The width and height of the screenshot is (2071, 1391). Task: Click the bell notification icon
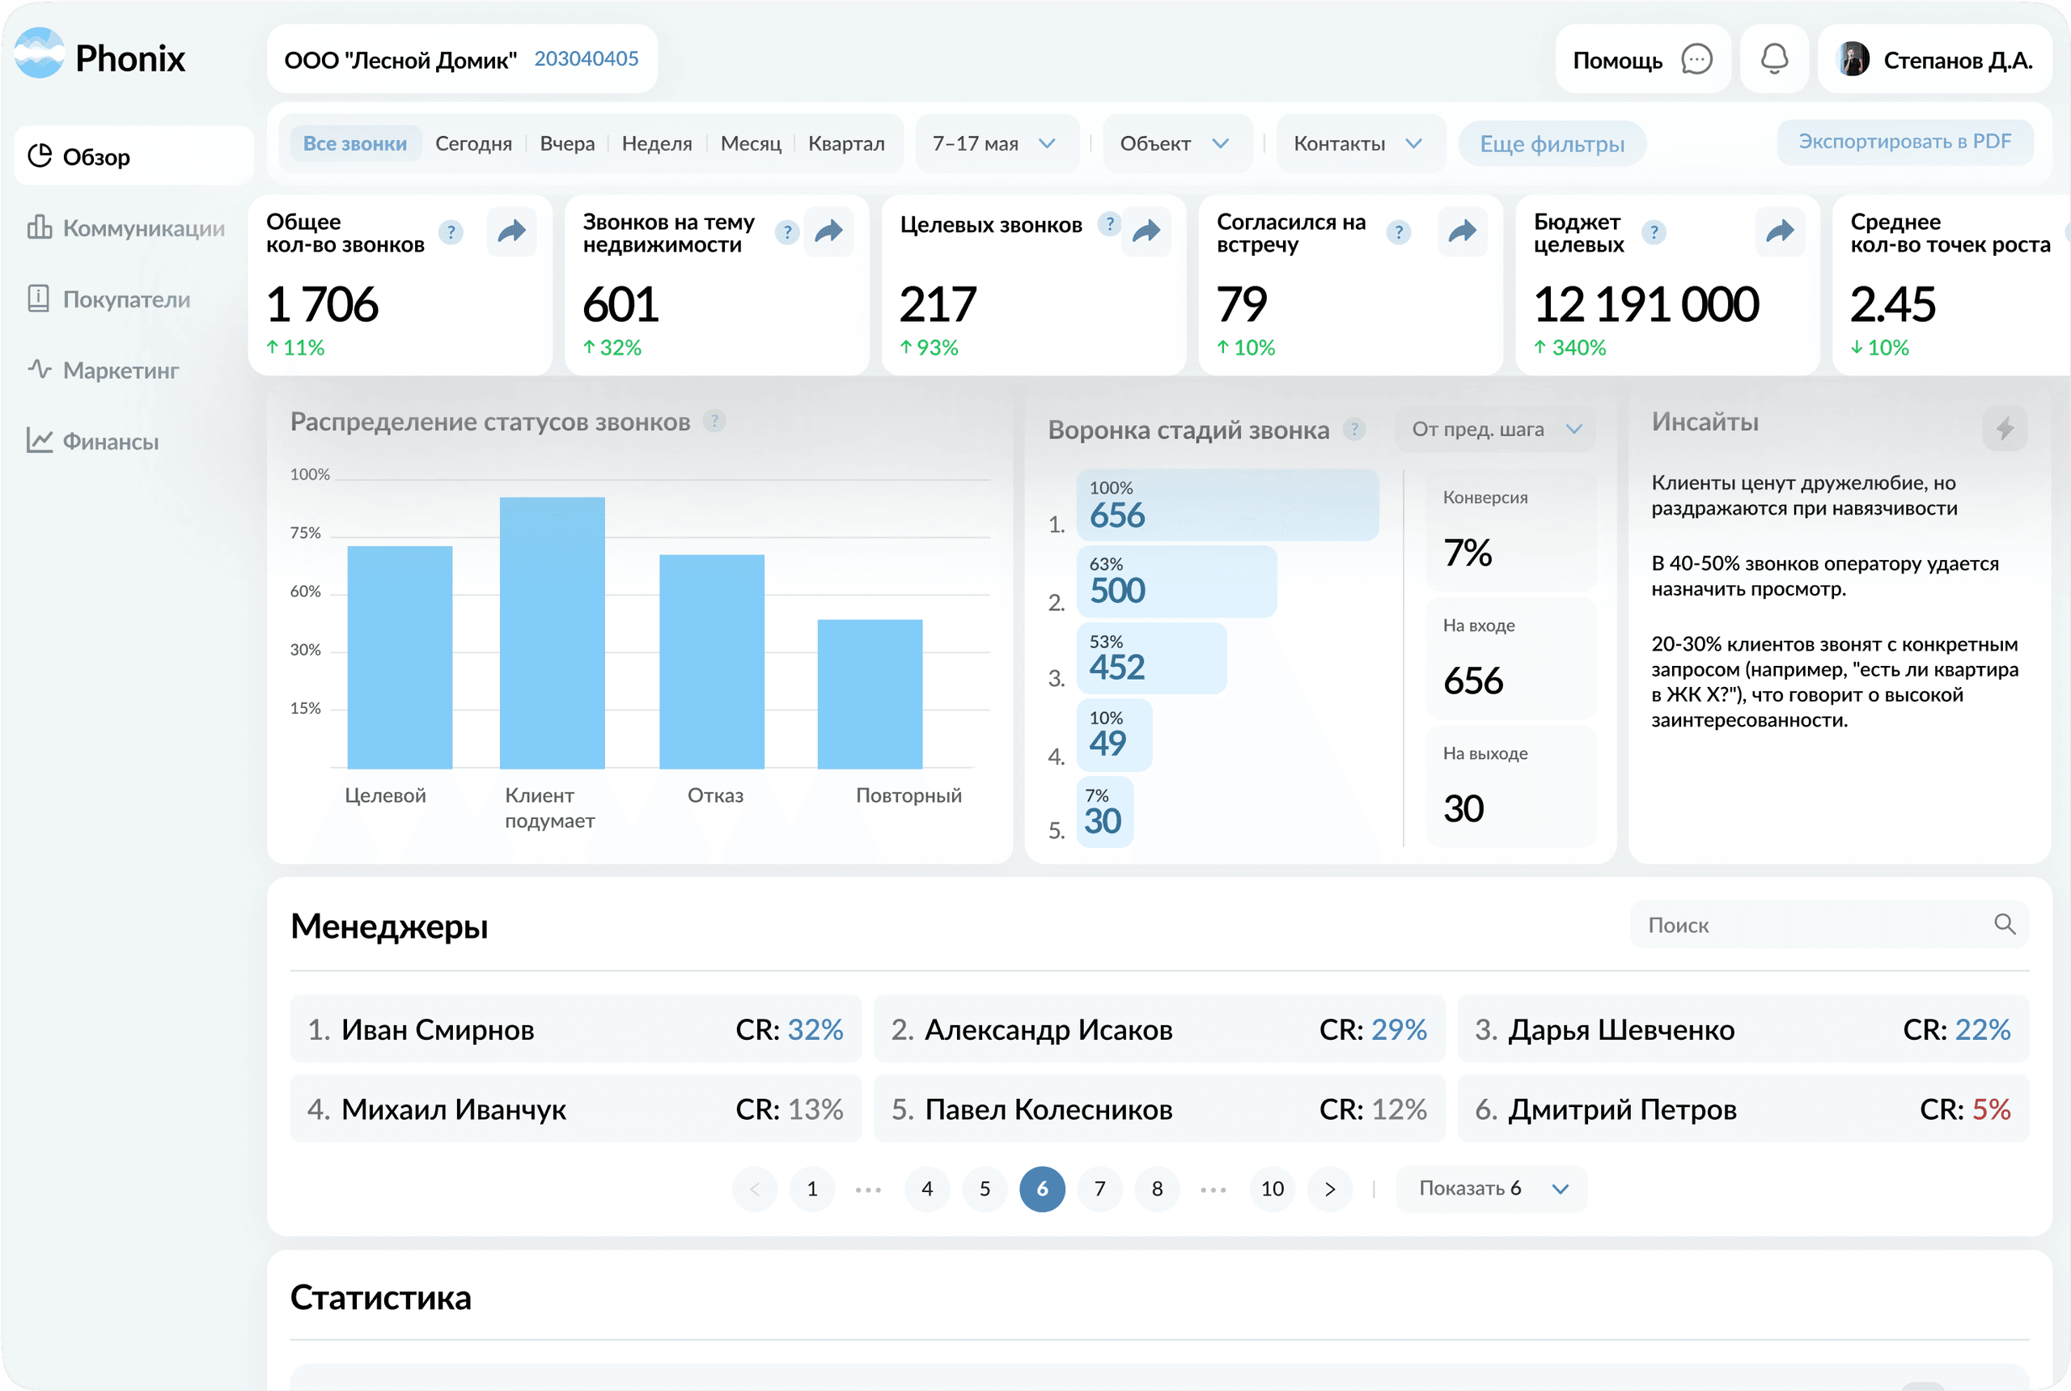click(1774, 59)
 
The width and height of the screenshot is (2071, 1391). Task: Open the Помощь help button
click(1641, 59)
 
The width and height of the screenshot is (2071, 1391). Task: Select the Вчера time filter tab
click(567, 144)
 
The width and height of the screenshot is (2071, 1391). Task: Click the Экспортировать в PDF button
click(1904, 142)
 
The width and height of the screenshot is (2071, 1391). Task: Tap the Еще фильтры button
click(1552, 144)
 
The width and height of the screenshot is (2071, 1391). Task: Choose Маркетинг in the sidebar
click(121, 370)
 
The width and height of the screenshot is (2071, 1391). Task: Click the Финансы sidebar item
click(110, 441)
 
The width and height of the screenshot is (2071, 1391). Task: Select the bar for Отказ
click(711, 661)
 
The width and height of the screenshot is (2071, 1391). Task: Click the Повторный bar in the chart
click(869, 693)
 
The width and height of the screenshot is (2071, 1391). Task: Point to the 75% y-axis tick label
click(305, 533)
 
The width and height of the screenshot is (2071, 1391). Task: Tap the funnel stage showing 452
click(1150, 658)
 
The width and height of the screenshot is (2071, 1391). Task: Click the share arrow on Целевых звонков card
click(1146, 232)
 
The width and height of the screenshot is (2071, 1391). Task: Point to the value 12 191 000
click(1645, 305)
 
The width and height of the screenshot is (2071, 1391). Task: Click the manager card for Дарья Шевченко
click(1742, 1029)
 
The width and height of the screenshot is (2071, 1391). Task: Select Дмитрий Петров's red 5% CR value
click(1990, 1109)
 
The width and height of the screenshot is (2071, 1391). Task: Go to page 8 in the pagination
click(1157, 1189)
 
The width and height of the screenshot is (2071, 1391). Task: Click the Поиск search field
click(1810, 925)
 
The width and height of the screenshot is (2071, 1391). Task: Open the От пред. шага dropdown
click(1495, 430)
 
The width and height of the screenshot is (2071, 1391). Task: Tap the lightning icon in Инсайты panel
click(2004, 430)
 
